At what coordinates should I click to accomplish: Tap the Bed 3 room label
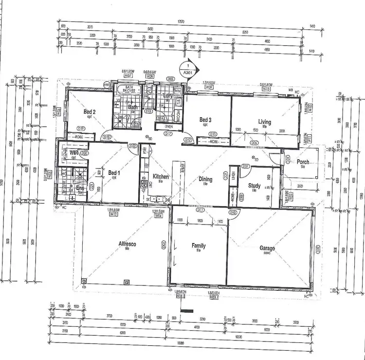(x=205, y=120)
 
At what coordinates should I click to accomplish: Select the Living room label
(x=265, y=122)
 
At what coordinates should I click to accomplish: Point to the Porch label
(x=302, y=162)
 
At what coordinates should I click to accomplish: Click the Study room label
(x=254, y=186)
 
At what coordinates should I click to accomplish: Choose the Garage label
(x=267, y=248)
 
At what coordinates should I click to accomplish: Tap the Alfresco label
(x=127, y=244)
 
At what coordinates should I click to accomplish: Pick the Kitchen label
(x=160, y=176)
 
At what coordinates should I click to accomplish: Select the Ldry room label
(x=168, y=96)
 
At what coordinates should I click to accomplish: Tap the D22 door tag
(x=132, y=146)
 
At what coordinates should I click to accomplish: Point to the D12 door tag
(x=188, y=140)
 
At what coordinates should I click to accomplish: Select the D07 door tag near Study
(x=246, y=167)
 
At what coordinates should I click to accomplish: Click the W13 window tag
(x=266, y=89)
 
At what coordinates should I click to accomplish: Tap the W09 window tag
(x=209, y=88)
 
